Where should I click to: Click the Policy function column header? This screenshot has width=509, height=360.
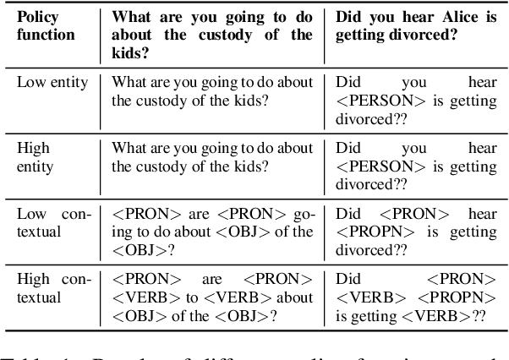(46, 26)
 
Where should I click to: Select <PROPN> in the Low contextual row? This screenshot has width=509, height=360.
(373, 232)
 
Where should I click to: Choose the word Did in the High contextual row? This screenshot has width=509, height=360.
(348, 278)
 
